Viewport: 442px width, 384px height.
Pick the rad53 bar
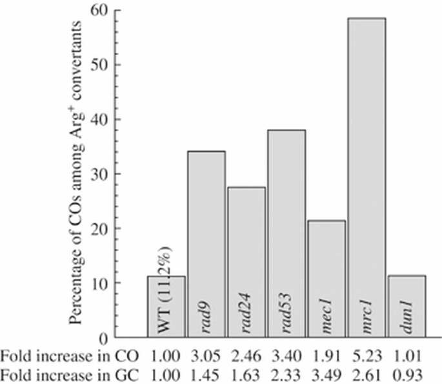(x=286, y=233)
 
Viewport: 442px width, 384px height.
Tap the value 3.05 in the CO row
(x=206, y=356)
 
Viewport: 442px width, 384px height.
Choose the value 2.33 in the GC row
(x=286, y=373)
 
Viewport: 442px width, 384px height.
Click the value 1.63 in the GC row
(x=246, y=373)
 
